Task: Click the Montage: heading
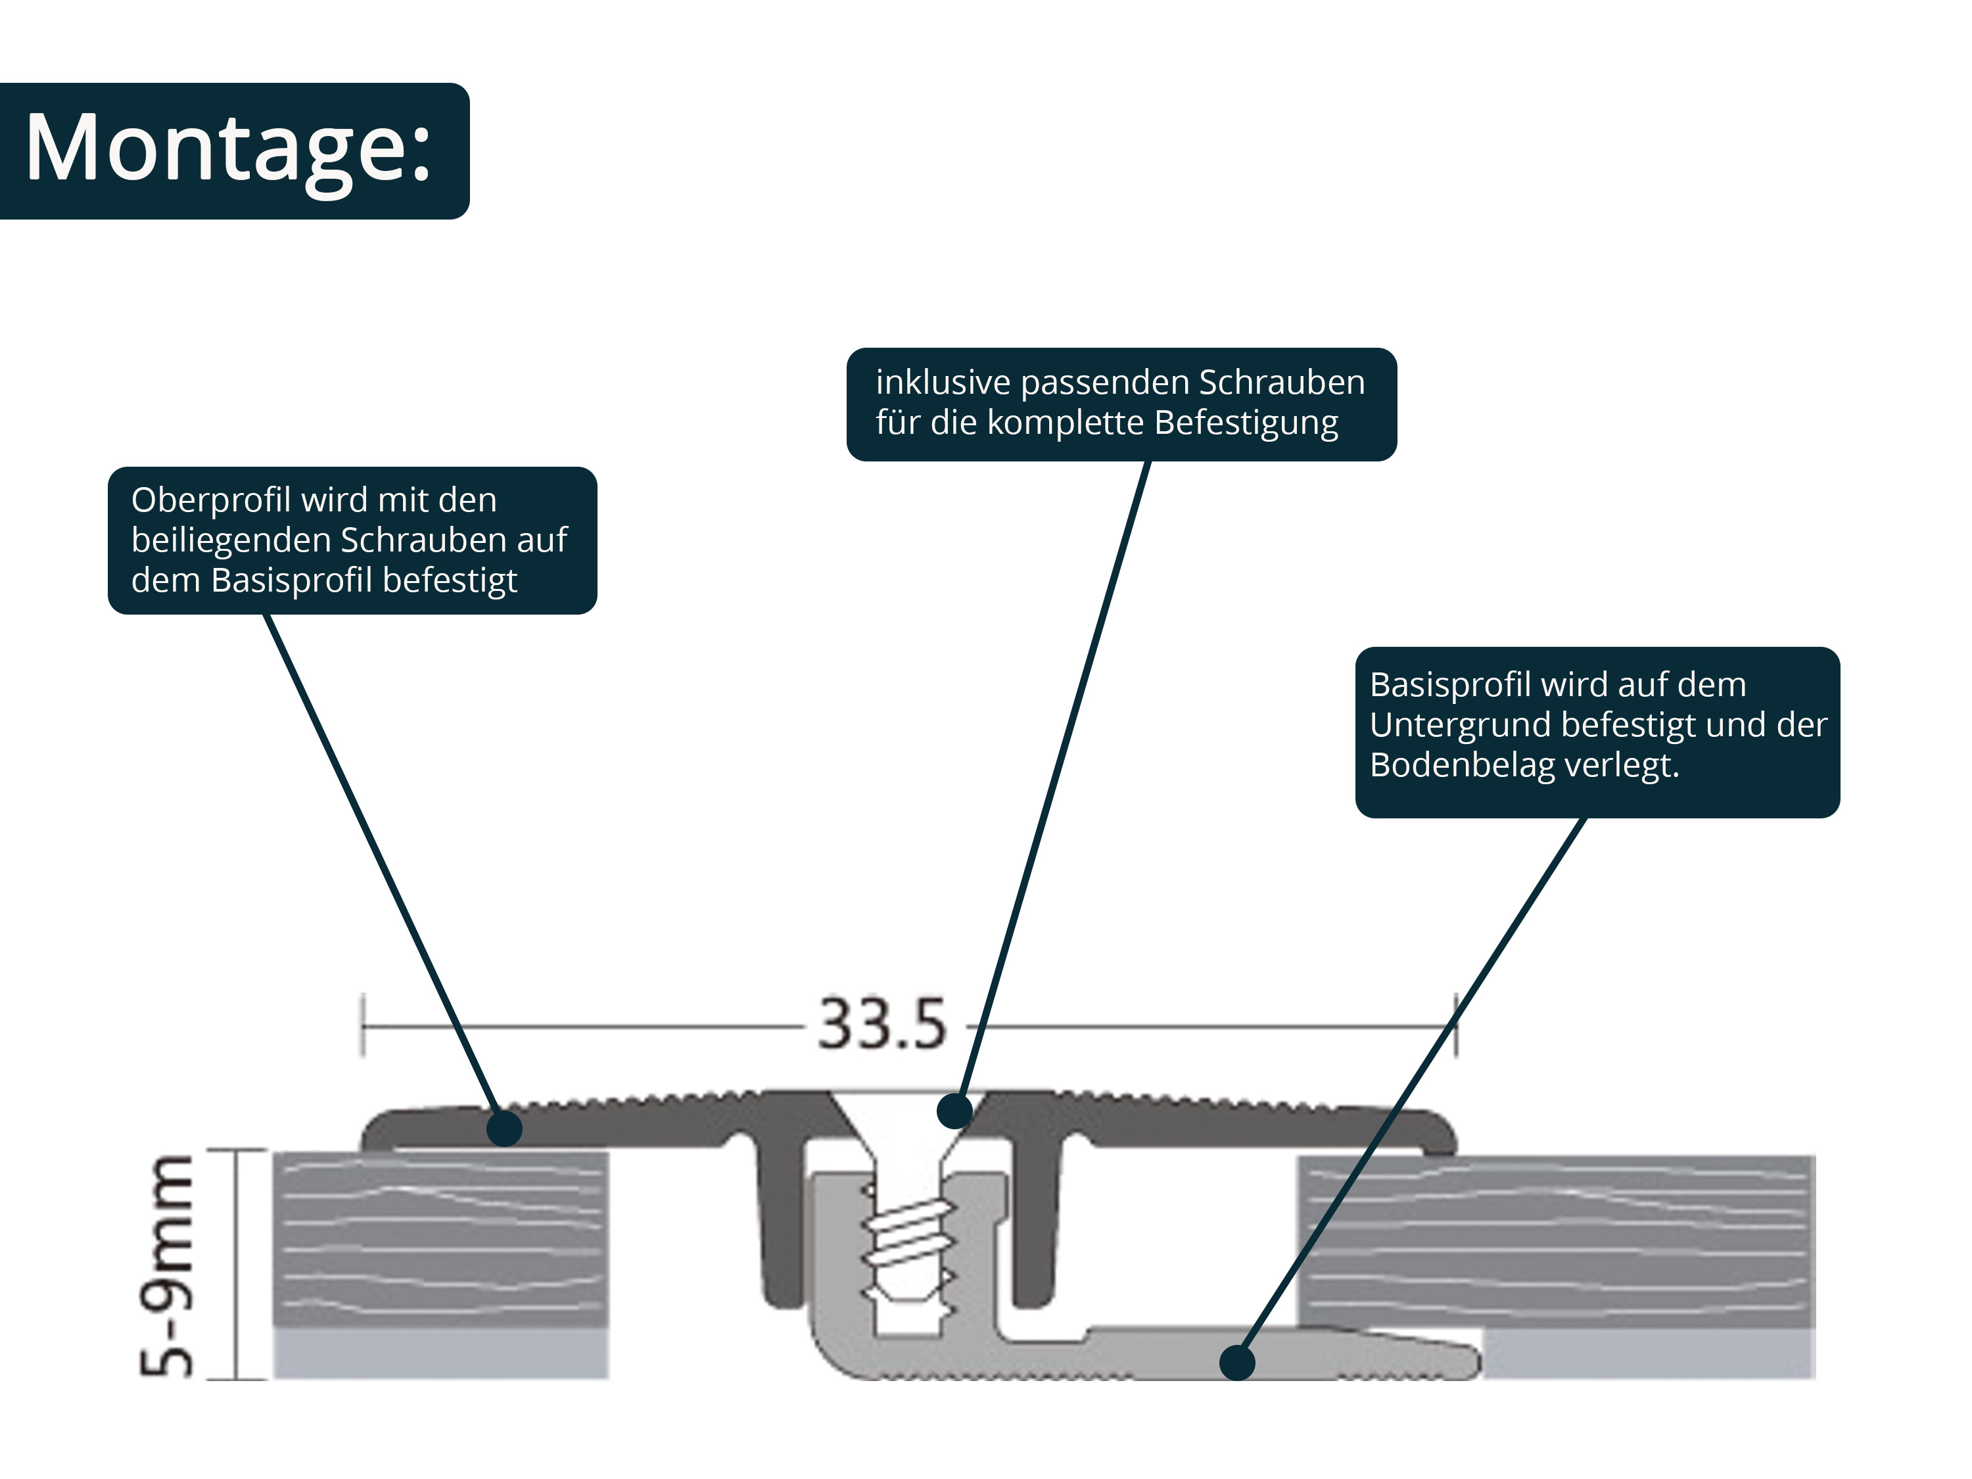[228, 149]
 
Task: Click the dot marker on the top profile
[505, 1129]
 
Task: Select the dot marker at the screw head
[955, 1111]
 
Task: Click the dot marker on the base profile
[1236, 1363]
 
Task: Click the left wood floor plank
[440, 1239]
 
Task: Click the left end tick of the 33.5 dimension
[363, 1025]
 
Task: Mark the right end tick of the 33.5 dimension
[1456, 1025]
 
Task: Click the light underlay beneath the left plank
[440, 1354]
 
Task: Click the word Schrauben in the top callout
[1281, 383]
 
